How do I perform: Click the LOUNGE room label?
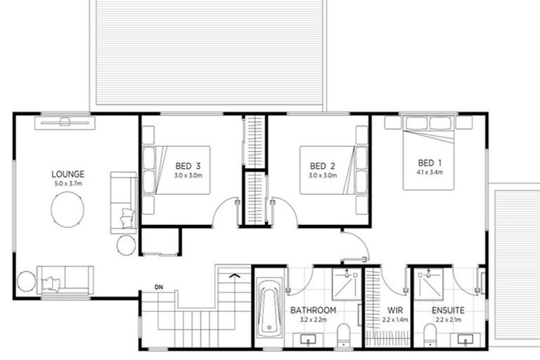(x=67, y=174)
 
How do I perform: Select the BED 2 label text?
(x=323, y=166)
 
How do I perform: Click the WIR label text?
(x=394, y=309)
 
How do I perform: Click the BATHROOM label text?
(x=313, y=309)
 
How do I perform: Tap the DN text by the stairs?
(x=160, y=286)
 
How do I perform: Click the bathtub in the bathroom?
(x=269, y=309)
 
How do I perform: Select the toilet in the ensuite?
(x=430, y=335)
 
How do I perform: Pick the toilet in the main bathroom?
(x=344, y=335)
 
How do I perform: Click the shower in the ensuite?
(x=430, y=285)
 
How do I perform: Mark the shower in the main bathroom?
(x=346, y=285)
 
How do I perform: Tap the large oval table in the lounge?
(x=67, y=210)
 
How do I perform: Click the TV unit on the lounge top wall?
(x=65, y=122)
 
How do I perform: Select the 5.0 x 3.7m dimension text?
(x=67, y=184)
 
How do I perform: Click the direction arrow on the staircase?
(x=235, y=275)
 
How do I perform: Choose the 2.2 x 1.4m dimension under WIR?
(x=394, y=320)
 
